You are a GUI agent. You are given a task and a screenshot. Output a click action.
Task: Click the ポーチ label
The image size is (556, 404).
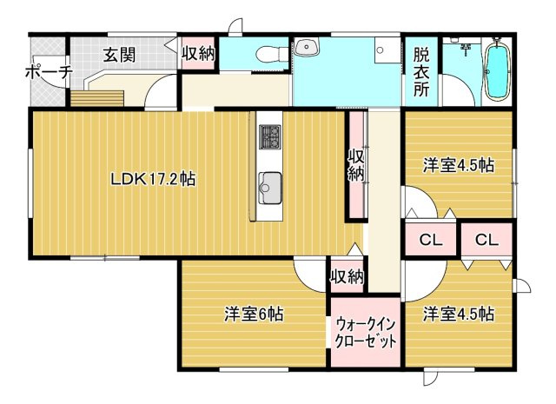coord(48,72)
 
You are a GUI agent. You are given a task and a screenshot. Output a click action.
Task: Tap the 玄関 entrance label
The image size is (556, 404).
coord(119,55)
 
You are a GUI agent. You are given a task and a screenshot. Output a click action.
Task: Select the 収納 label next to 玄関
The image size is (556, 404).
coord(198,52)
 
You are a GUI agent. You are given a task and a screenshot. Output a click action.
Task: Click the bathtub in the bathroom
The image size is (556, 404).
coord(498,70)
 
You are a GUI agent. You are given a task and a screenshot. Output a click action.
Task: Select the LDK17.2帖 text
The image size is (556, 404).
coord(151,179)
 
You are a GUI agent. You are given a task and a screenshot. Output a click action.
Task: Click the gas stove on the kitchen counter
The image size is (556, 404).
coord(270,137)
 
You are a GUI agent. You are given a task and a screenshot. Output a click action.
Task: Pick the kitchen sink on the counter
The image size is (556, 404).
coord(270,183)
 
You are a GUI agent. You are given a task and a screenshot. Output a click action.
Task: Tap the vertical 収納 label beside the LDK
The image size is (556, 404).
coord(356,165)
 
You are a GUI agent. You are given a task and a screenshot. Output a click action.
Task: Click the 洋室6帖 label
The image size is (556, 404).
coord(254,314)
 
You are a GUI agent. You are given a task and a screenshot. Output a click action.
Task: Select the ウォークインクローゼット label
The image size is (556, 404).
coord(365,332)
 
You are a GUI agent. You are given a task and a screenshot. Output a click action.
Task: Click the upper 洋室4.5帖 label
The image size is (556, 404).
coord(459,164)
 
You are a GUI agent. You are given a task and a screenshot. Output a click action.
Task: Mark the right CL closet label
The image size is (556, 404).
coord(486,240)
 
